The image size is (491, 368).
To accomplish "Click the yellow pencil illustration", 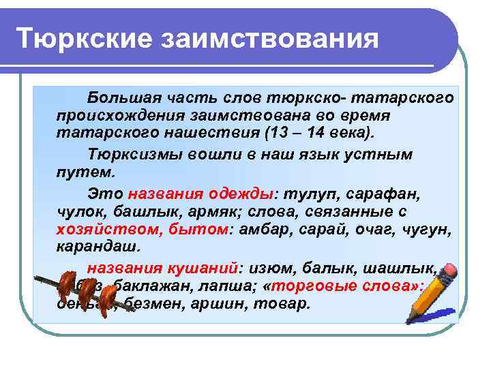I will click(430, 294).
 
